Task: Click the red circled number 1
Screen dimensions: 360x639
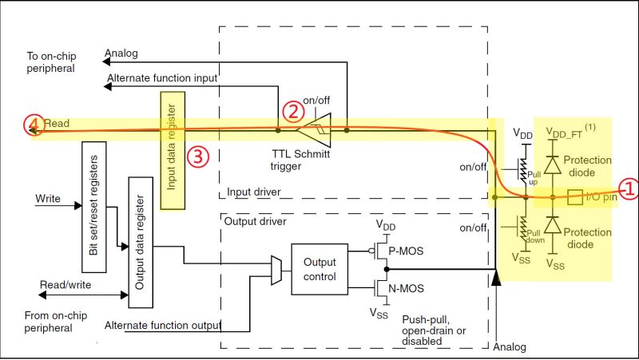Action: (x=629, y=189)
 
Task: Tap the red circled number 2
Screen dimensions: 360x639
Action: (x=295, y=112)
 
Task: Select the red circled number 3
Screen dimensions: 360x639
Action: (x=197, y=156)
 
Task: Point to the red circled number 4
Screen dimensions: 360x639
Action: (x=32, y=125)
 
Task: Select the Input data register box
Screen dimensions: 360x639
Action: (x=173, y=150)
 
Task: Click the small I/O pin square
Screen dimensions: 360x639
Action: (x=573, y=196)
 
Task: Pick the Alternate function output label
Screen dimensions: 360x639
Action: (x=163, y=324)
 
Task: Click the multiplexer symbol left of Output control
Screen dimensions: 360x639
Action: (x=276, y=269)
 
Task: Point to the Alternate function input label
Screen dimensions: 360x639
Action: (x=162, y=77)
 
